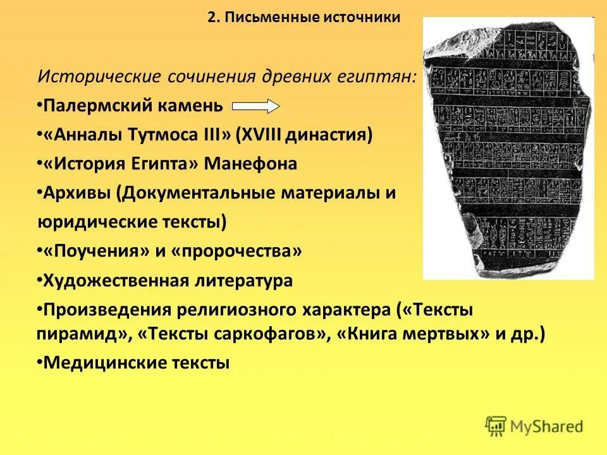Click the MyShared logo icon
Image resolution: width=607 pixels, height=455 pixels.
[496, 426]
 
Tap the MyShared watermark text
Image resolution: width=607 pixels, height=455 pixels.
[547, 427]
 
